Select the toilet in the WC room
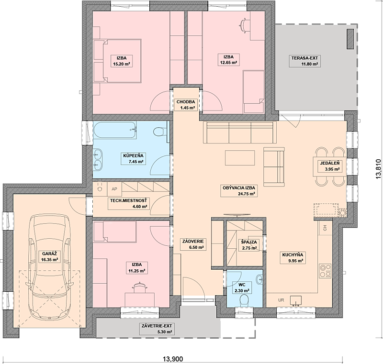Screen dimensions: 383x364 tap(244, 300)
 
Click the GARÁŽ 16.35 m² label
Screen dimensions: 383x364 tap(49, 257)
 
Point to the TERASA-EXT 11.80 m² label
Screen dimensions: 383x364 tap(305, 61)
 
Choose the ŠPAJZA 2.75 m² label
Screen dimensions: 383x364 tap(249, 245)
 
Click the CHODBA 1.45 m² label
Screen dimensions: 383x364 tap(186, 105)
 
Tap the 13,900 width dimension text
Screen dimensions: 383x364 tap(173, 359)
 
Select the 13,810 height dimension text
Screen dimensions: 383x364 tap(378, 169)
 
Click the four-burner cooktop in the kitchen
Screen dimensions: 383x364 tap(325, 271)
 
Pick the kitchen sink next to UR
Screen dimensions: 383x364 tap(295, 300)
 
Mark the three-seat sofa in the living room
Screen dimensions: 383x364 tap(240, 132)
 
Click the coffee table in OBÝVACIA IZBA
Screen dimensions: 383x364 tap(240, 158)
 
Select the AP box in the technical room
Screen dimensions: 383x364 tap(114, 189)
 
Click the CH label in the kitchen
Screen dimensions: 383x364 tap(325, 228)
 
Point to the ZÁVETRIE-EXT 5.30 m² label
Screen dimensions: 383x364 tap(157, 329)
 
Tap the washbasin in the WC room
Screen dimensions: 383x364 tap(259, 279)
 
